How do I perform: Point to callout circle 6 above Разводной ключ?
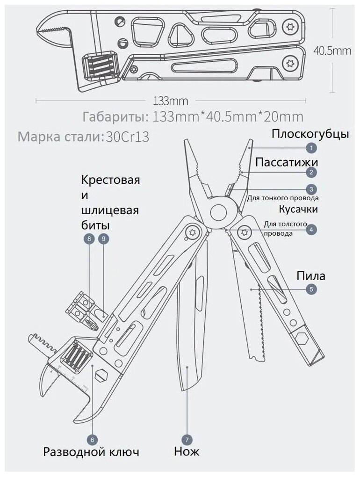pos(92,439)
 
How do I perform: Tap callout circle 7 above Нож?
pos(187,439)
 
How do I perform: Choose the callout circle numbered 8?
pos(89,239)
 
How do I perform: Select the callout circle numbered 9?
pos(104,239)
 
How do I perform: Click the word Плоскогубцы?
pos(310,134)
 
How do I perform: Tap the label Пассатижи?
pos(287,162)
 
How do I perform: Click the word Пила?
pos(311,276)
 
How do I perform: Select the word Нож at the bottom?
pos(186,452)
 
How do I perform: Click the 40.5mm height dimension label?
pos(332,51)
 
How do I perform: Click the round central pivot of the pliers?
pos(218,212)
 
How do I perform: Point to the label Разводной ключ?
pos(91,452)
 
